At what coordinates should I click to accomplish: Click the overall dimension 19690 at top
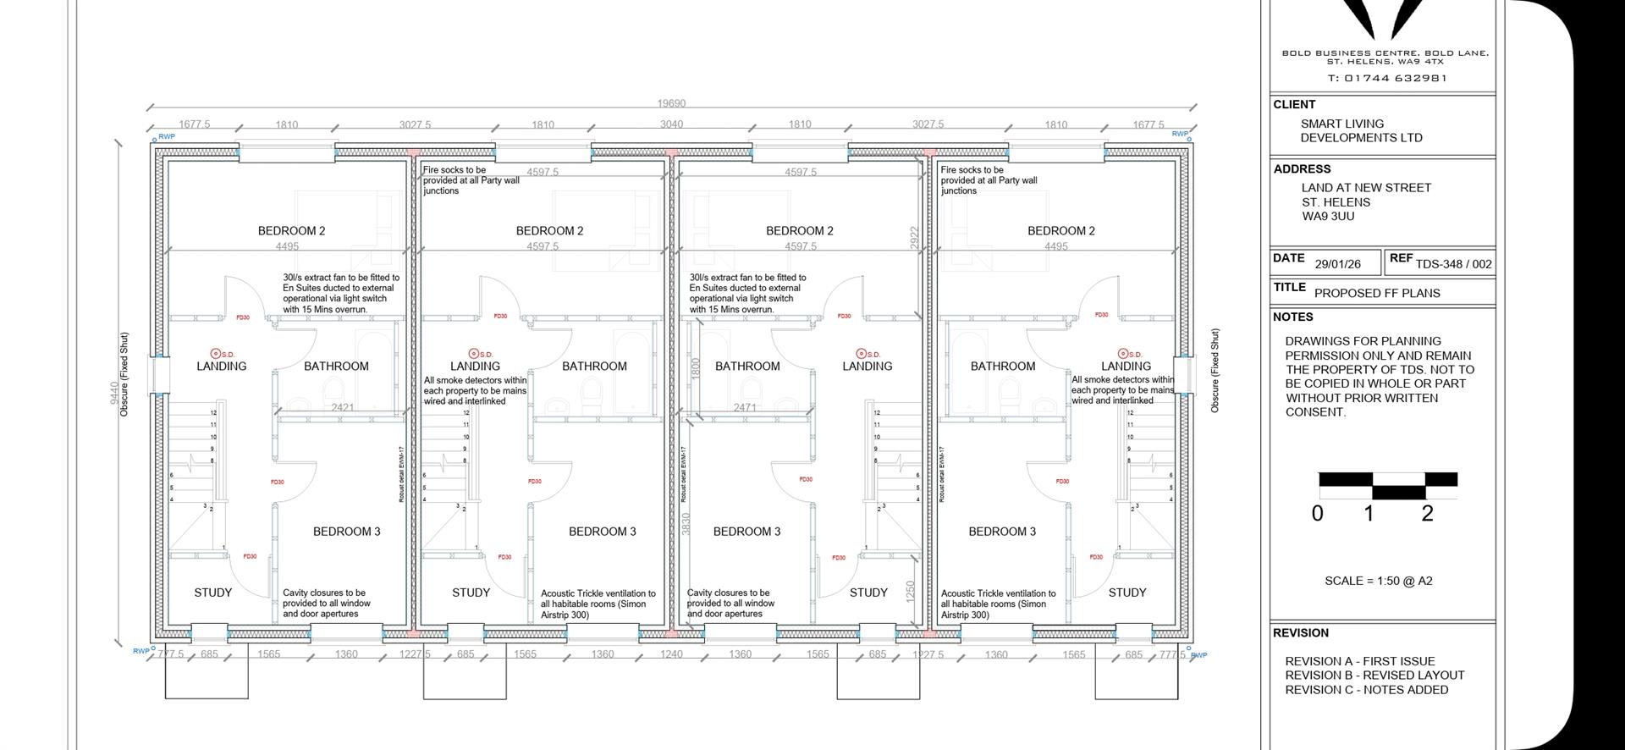pos(671,103)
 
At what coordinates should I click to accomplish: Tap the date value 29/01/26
pos(1337,264)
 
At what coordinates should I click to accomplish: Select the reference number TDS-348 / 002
pos(1453,264)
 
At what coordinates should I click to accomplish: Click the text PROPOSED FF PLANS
pos(1377,293)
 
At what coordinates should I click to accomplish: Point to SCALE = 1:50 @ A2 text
pos(1378,581)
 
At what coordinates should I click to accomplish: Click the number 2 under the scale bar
pos(1427,513)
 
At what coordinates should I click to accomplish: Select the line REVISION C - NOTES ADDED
pos(1366,690)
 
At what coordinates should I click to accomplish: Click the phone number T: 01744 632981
pos(1387,78)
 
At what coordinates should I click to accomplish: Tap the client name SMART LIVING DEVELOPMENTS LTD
pos(1361,130)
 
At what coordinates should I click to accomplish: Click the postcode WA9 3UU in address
pos(1328,217)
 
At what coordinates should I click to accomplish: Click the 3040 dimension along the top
pos(671,124)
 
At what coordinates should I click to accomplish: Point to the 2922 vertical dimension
pos(913,237)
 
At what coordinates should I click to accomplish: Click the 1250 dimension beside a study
pos(911,590)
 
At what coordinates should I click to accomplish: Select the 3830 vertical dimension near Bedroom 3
pos(686,524)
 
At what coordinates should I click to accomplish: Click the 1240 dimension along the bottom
pos(671,654)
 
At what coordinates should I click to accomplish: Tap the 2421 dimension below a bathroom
pos(343,407)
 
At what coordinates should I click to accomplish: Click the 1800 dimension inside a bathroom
pos(696,367)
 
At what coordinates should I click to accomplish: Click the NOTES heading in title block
pos(1292,317)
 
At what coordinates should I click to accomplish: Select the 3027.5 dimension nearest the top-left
pos(415,124)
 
